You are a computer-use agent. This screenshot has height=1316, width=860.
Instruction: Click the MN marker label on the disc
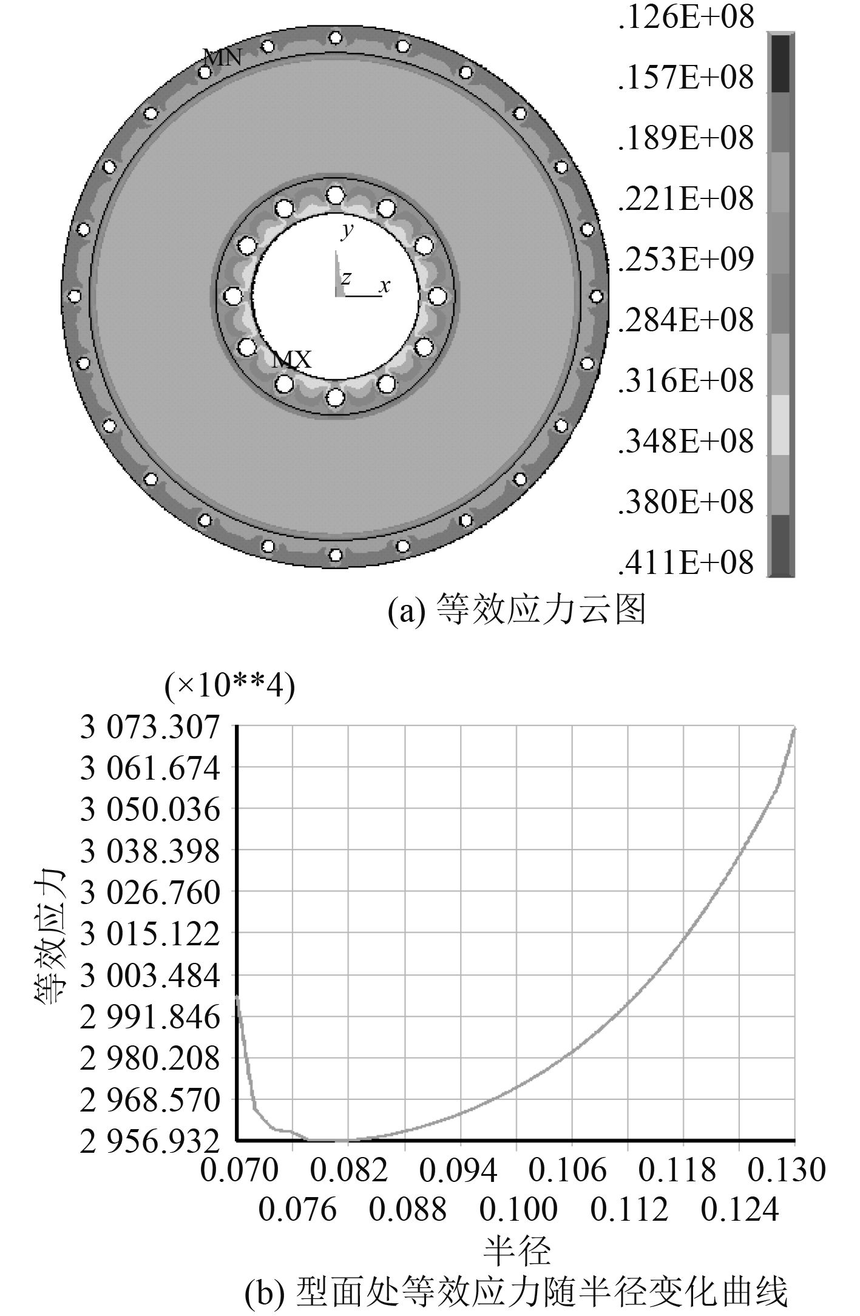click(222, 58)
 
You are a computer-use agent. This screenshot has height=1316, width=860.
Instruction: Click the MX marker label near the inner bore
click(291, 360)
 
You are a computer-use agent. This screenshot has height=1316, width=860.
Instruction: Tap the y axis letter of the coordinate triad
click(347, 231)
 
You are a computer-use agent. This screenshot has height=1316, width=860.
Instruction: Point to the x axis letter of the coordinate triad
click(385, 286)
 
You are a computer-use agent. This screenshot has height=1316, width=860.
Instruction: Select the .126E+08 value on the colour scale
click(686, 16)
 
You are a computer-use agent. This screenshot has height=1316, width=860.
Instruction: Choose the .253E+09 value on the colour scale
click(686, 259)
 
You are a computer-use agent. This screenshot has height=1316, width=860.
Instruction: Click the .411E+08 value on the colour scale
click(686, 562)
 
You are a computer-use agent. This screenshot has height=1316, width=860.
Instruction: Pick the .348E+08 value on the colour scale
click(686, 440)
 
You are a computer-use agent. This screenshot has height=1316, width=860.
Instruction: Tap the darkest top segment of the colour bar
click(781, 64)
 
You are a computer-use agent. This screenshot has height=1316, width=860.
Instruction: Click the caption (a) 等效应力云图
click(516, 610)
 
